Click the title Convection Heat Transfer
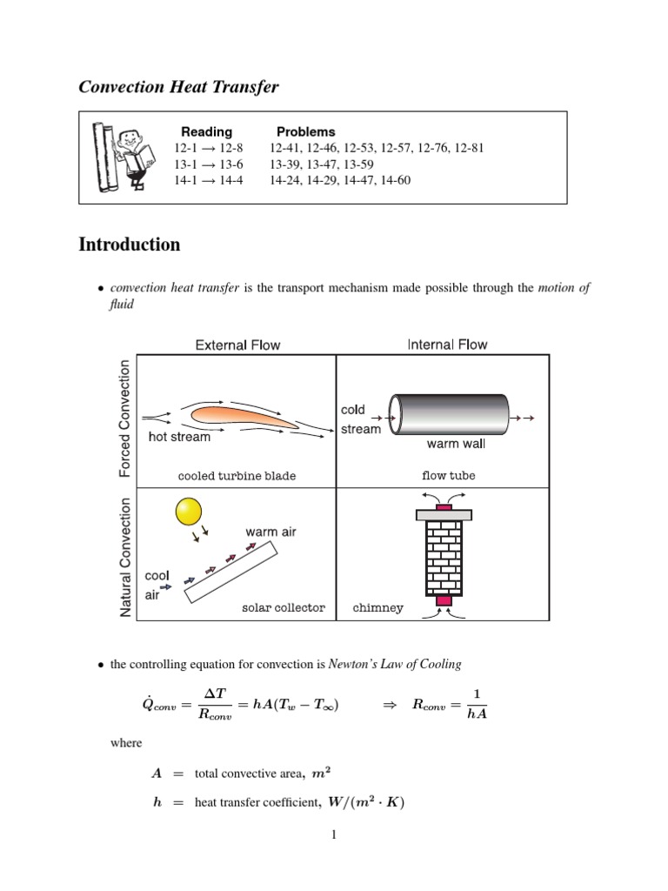178,87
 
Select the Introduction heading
130,245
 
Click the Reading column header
206,131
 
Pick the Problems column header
305,131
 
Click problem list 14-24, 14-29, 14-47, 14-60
339,181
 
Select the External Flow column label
237,345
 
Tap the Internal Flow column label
447,345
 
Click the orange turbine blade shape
241,417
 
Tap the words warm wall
456,444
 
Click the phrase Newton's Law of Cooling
395,664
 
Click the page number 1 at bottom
333,835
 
